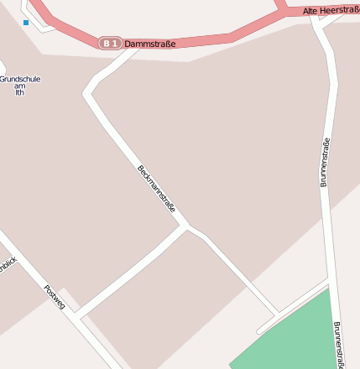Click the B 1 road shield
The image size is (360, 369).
point(110,43)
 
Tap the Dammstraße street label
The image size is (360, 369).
point(150,43)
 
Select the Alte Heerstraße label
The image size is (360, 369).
point(331,10)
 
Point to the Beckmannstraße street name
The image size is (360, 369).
point(156,189)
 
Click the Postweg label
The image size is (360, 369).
point(55,298)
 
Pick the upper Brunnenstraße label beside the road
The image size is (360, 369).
point(325,162)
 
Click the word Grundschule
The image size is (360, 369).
point(19,79)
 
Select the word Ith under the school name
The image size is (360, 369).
point(19,92)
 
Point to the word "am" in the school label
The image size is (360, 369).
point(19,86)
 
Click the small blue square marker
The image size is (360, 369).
point(26,23)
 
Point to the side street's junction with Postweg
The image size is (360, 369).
point(76,318)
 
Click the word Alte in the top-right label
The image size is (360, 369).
point(311,11)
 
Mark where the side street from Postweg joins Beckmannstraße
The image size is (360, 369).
point(187,226)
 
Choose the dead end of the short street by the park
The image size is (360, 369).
point(259,330)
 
